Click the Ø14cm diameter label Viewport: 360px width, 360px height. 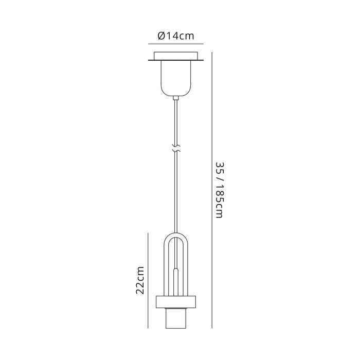pyautogui.click(x=176, y=36)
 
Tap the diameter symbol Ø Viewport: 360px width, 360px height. pyautogui.click(x=160, y=36)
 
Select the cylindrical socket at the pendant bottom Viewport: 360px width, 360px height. pyautogui.click(x=176, y=319)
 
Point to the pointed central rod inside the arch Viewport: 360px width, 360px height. pyautogui.click(x=176, y=278)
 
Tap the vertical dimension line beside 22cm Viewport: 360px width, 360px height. pyautogui.click(x=149, y=280)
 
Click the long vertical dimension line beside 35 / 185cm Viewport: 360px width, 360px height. pyautogui.click(x=212, y=190)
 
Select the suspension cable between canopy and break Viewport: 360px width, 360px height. pyautogui.click(x=176, y=123)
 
